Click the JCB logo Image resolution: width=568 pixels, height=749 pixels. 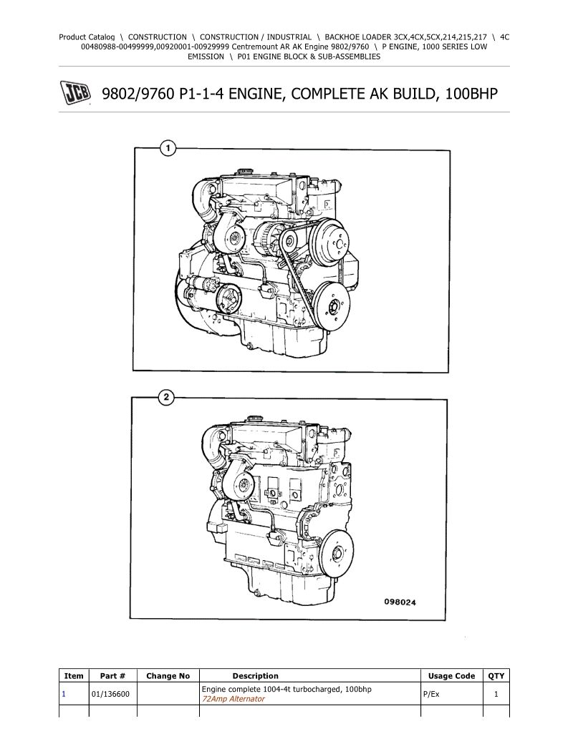75,93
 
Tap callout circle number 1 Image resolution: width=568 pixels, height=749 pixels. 168,149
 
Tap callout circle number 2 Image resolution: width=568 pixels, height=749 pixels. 166,398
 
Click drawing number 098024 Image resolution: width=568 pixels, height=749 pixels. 400,602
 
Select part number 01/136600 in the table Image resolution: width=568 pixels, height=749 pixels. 110,694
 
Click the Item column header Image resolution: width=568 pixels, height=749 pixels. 74,676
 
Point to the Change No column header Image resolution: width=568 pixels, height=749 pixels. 168,676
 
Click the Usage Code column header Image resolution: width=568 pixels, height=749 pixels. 451,676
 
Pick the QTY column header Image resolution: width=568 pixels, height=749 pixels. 496,676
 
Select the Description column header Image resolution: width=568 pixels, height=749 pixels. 255,676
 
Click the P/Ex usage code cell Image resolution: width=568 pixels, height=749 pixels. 431,694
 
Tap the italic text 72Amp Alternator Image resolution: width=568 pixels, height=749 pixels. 234,699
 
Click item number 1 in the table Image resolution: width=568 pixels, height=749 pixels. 64,694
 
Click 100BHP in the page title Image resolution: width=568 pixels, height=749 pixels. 471,94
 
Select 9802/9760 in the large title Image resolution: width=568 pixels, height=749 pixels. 138,94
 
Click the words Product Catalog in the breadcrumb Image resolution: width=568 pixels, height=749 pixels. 87,36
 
